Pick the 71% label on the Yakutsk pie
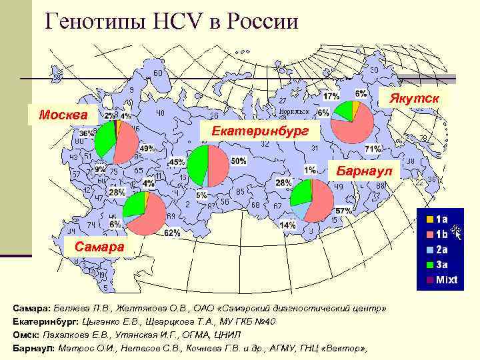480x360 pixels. pos(373,148)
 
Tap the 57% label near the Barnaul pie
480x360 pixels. pos(343,211)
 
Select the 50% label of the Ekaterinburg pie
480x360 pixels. pos(238,161)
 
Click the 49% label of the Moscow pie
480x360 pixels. pos(147,148)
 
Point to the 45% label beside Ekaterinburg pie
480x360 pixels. pos(177,162)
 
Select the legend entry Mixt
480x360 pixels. pos(446,279)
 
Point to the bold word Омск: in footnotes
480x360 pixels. pos(27,335)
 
